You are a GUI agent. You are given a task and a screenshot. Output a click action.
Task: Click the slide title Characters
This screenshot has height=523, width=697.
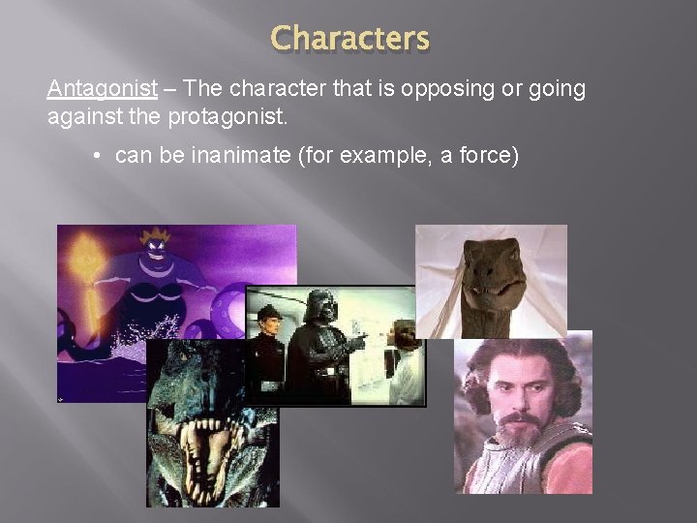point(349,39)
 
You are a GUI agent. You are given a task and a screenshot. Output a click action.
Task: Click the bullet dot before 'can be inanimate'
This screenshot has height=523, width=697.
point(100,156)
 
